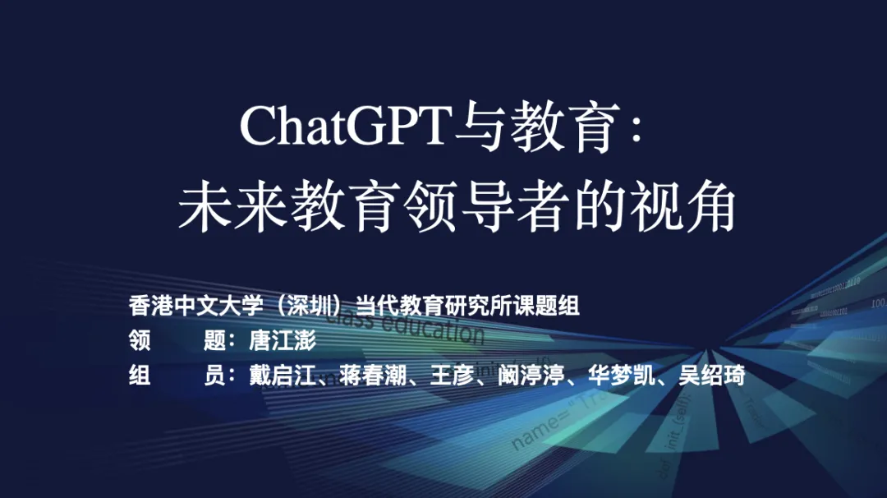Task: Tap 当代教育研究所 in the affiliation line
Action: (422, 307)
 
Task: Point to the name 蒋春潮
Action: (372, 376)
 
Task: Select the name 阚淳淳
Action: (531, 376)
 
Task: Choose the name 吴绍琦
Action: (711, 376)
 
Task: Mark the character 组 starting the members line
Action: (140, 376)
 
